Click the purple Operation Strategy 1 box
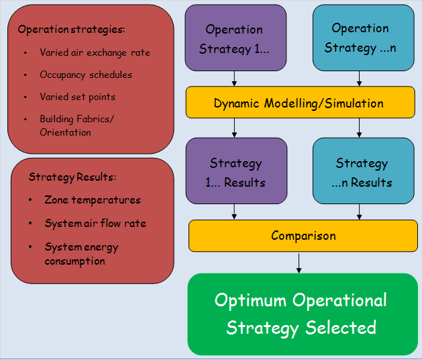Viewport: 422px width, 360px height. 234,38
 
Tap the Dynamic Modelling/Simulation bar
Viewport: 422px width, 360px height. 299,103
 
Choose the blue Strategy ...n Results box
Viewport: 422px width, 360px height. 362,172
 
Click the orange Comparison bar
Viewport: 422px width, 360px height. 303,236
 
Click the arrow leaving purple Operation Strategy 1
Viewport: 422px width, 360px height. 234,79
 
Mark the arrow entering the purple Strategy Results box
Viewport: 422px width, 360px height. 234,128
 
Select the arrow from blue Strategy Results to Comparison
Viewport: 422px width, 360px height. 360,211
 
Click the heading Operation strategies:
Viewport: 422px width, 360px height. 72,30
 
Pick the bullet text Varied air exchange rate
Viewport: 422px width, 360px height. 95,52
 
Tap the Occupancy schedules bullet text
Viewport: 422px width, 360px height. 86,75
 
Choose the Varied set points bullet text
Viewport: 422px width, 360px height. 77,97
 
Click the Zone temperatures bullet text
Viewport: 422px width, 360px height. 93,199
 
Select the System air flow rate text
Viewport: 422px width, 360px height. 95,223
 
